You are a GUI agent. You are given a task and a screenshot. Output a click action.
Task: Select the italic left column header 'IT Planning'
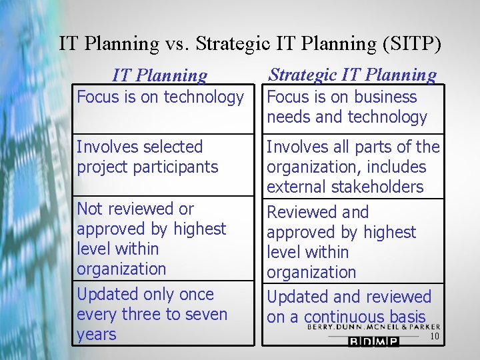click(160, 76)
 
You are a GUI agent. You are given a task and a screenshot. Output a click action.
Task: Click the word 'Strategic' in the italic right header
click(305, 75)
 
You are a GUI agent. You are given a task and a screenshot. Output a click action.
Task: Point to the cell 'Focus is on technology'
click(161, 97)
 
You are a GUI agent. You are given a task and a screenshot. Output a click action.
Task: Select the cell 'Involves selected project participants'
click(148, 157)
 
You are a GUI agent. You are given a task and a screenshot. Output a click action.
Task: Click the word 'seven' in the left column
click(206, 314)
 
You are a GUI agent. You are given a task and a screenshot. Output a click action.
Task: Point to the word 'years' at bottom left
click(97, 334)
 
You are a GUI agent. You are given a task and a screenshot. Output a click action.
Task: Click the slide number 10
click(434, 337)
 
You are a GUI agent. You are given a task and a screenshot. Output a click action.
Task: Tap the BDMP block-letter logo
click(373, 341)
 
